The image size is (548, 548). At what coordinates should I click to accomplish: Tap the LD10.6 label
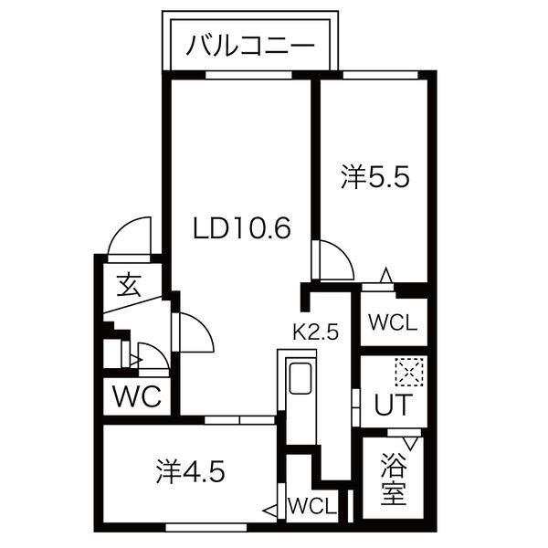click(241, 227)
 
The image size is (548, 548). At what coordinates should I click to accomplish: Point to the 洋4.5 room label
click(188, 473)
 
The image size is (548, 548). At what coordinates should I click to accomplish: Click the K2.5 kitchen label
click(315, 332)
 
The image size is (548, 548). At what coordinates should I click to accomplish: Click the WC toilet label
click(136, 398)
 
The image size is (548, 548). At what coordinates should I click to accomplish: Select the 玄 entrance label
click(129, 286)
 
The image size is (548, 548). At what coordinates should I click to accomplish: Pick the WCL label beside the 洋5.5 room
click(393, 322)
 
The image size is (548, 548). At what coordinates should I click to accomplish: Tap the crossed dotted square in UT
click(406, 371)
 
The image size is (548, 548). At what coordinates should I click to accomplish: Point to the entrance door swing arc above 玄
click(128, 236)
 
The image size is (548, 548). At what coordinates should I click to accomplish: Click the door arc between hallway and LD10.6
click(195, 333)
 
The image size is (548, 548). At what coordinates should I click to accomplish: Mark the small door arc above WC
click(149, 357)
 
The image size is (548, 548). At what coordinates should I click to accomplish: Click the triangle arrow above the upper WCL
click(386, 274)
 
